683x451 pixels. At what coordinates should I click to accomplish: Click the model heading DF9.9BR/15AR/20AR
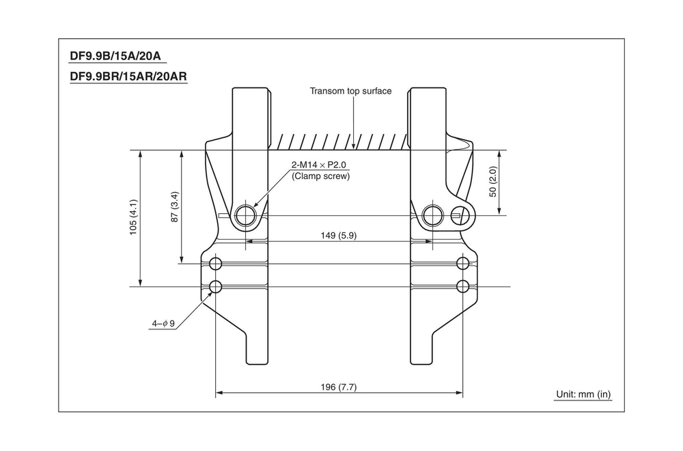pos(128,77)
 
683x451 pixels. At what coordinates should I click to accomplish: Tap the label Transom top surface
pos(350,91)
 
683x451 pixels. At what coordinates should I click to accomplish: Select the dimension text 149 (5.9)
pos(338,235)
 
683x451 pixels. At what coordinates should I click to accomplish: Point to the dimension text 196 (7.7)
pos(338,387)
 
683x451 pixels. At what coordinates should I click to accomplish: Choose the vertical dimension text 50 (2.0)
pos(493,182)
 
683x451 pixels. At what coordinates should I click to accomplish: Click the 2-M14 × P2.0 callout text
pos(320,165)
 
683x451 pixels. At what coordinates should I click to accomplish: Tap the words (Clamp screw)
pos(320,176)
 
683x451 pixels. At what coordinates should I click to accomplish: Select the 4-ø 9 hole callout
pos(163,323)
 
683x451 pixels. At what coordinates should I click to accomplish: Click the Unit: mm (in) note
pos(583,394)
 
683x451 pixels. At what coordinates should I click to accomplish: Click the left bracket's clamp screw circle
pos(246,216)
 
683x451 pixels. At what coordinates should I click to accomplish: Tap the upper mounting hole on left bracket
pos(216,264)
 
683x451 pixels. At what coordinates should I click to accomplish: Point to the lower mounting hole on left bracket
pos(216,286)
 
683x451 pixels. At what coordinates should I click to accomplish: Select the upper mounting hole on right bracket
pos(463,264)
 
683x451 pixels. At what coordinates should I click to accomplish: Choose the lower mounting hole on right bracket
pos(463,286)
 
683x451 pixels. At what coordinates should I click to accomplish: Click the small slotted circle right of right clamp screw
pos(465,215)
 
